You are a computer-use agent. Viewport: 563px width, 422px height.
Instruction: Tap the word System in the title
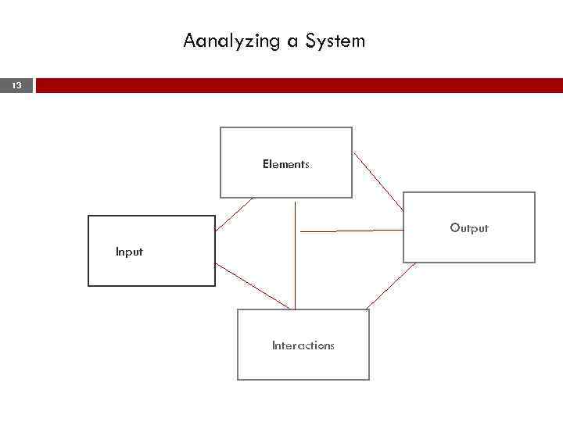coord(337,41)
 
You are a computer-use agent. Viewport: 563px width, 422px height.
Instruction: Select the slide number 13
coord(17,85)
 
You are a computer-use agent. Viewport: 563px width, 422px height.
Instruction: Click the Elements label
coord(286,164)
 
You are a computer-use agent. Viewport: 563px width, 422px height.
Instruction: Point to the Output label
coord(468,228)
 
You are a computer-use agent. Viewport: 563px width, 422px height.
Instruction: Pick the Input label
coord(129,252)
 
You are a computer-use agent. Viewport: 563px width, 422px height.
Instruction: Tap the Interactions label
coord(303,345)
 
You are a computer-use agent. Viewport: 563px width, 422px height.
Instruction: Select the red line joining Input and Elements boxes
coord(234,214)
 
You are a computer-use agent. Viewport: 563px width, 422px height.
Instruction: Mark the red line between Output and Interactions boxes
coord(391,285)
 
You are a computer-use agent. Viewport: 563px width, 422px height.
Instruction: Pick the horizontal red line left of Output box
coord(352,231)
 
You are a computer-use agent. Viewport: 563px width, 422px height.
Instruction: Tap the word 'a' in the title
coord(292,41)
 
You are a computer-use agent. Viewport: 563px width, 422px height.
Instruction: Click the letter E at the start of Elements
coord(266,164)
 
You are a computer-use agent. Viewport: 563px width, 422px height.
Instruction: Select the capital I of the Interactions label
coord(274,345)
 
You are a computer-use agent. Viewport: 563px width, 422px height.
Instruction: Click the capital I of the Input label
coord(117,252)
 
